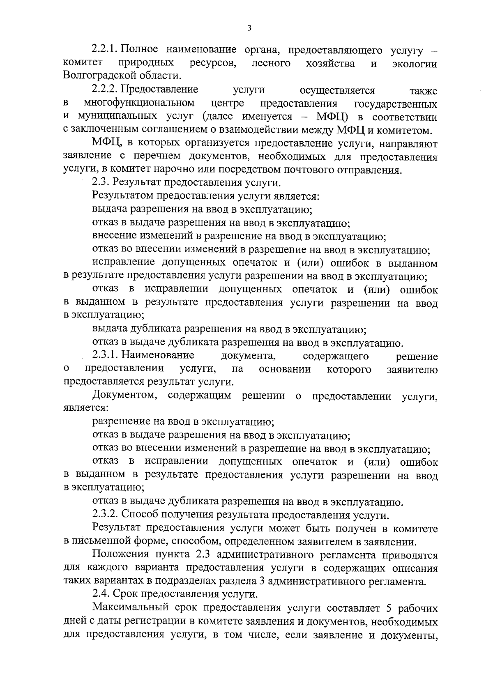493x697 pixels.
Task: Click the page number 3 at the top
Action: pyautogui.click(x=249, y=28)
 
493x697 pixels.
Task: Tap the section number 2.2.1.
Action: pyautogui.click(x=105, y=50)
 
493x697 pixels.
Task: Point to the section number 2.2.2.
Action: pyautogui.click(x=106, y=90)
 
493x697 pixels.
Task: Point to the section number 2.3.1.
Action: pyautogui.click(x=106, y=355)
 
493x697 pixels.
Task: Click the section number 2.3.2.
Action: pyautogui.click(x=106, y=515)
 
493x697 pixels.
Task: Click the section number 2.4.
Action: pyautogui.click(x=101, y=594)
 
